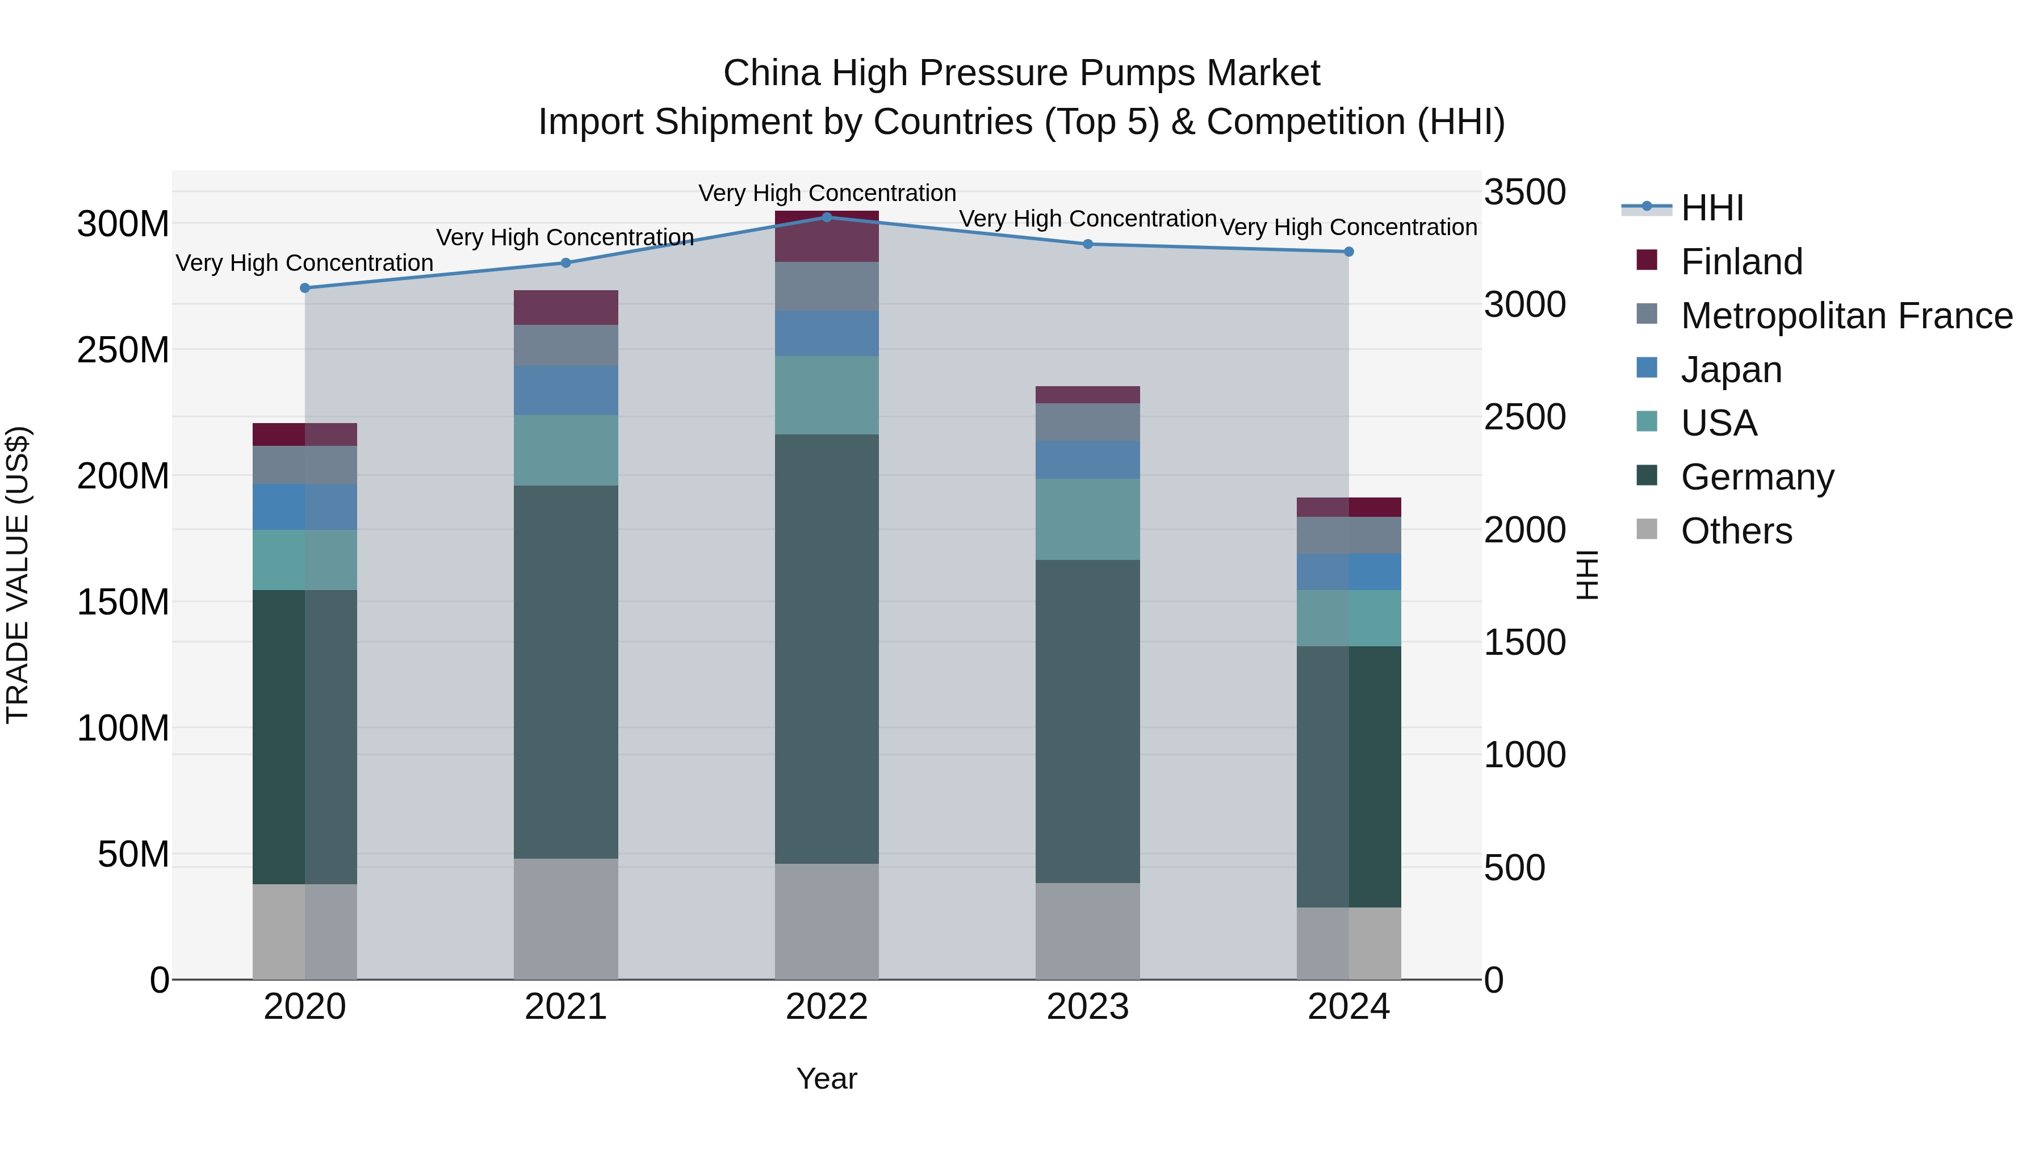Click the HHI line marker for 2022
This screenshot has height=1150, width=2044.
pyautogui.click(x=826, y=217)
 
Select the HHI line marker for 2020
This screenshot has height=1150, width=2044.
pyautogui.click(x=305, y=288)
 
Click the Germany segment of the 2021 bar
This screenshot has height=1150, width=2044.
pyautogui.click(x=566, y=671)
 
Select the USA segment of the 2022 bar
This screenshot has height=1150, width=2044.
pyautogui.click(x=826, y=395)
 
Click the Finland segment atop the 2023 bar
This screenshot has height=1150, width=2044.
pyautogui.click(x=1087, y=395)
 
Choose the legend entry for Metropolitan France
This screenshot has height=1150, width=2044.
pyautogui.click(x=1846, y=316)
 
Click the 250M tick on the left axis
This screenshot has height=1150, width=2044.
pyautogui.click(x=123, y=350)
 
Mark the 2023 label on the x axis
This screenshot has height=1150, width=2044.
pyautogui.click(x=1087, y=1006)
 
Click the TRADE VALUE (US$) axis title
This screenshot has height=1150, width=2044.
pyautogui.click(x=18, y=575)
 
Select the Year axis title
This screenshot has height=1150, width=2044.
pyautogui.click(x=826, y=1078)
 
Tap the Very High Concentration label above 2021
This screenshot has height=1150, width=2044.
pyautogui.click(x=565, y=237)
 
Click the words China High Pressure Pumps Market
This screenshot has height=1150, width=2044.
pyautogui.click(x=1021, y=73)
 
